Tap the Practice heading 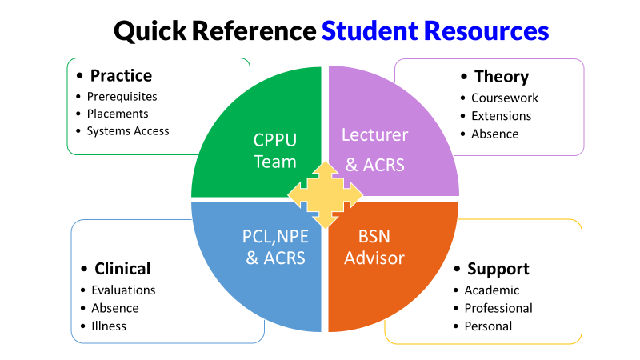click(x=121, y=76)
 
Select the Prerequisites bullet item click(x=122, y=96)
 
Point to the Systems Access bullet click(x=128, y=130)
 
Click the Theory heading click(x=502, y=77)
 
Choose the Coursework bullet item click(x=505, y=98)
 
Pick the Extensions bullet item click(x=502, y=116)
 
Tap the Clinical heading click(x=122, y=269)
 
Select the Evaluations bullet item click(x=123, y=290)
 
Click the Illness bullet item click(x=109, y=326)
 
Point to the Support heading click(x=498, y=269)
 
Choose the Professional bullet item click(x=498, y=308)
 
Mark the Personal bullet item click(x=488, y=326)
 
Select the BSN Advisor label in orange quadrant click(x=374, y=246)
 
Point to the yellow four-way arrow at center click(x=325, y=194)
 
